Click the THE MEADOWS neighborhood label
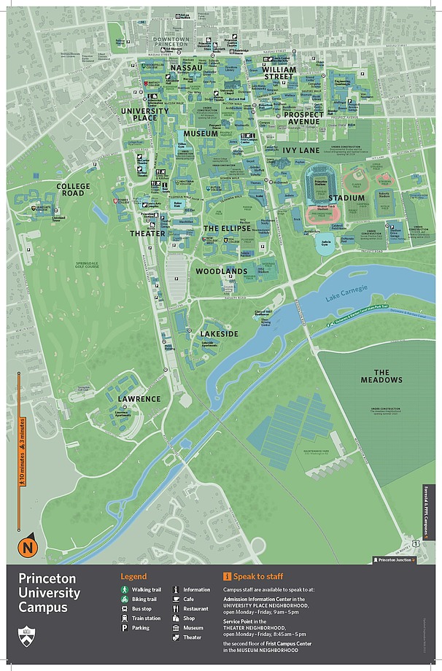coord(381,376)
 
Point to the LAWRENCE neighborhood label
coord(139,399)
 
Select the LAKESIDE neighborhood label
coord(219,333)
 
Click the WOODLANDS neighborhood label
coord(221,271)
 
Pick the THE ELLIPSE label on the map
coord(226,228)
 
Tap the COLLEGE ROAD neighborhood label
coord(73,190)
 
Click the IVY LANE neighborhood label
coord(301,150)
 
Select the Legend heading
coord(133,576)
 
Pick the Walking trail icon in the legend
coord(125,589)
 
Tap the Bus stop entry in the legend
coord(141,608)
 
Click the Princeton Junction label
coord(395,559)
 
